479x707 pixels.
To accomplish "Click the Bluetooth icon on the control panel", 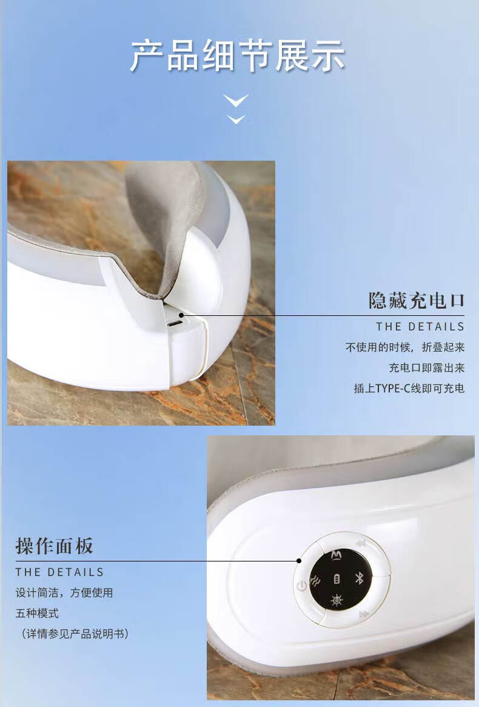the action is (x=360, y=578).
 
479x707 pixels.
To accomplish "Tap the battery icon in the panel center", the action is (x=337, y=579).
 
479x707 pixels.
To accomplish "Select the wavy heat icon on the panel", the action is (x=316, y=581).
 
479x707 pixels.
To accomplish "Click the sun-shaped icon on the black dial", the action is (x=337, y=600).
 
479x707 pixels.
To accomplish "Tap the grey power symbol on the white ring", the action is (x=302, y=586).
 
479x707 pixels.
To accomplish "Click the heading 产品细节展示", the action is (x=238, y=56).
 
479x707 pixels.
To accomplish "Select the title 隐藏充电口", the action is (x=417, y=301).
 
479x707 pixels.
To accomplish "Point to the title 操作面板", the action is (x=54, y=546).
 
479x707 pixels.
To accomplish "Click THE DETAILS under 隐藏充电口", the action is (x=420, y=326).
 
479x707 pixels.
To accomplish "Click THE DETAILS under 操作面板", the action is (x=59, y=572).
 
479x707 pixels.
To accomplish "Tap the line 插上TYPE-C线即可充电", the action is (x=409, y=388).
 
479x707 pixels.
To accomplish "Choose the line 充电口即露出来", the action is (x=427, y=368).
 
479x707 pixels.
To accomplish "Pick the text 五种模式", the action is (x=37, y=613).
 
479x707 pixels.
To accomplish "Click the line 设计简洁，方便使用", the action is (x=64, y=592).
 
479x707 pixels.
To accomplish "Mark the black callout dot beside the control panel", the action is (x=299, y=560).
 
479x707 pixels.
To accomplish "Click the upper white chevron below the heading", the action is (x=236, y=100).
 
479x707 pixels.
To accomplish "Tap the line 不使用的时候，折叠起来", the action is (x=405, y=347).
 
